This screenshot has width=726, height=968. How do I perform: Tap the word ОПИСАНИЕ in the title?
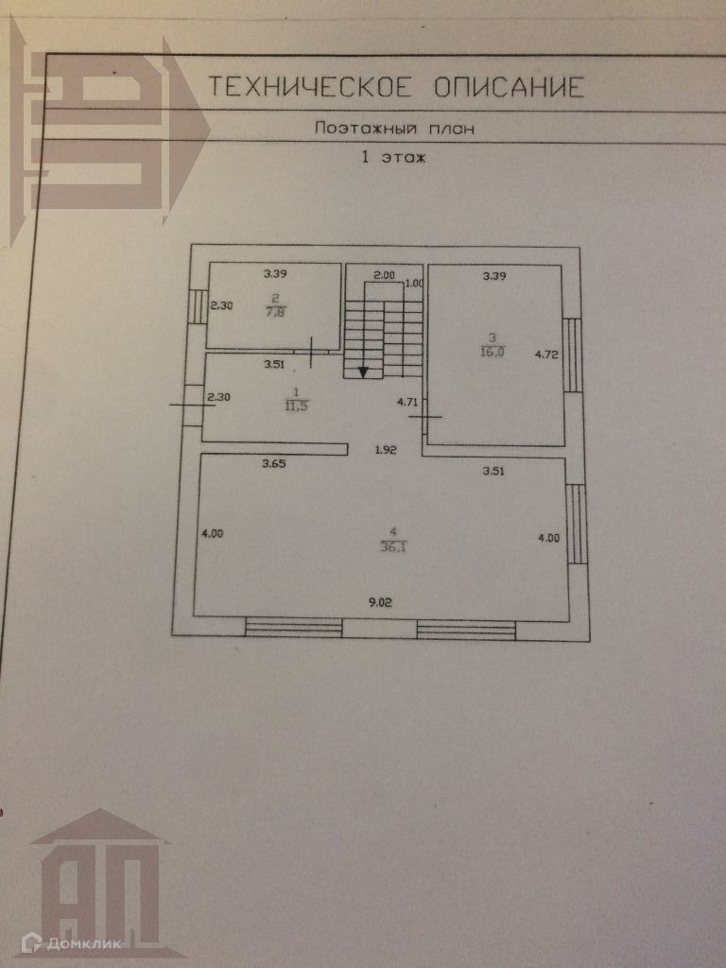509,88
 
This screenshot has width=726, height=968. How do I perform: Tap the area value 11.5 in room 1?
297,406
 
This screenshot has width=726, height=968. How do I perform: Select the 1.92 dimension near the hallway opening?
385,450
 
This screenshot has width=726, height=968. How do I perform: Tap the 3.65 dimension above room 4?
275,464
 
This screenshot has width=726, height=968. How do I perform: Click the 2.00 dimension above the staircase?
384,275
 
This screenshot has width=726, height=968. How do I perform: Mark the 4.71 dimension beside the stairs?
407,403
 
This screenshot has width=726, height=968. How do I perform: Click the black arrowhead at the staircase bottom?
363,371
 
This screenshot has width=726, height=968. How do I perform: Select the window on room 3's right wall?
572,354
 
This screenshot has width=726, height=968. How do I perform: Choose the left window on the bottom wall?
293,626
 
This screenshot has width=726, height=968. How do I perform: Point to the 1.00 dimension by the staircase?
413,284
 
